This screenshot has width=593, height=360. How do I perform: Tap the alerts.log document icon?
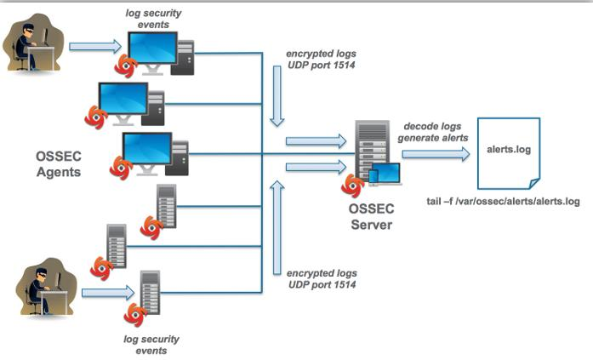tap(507, 152)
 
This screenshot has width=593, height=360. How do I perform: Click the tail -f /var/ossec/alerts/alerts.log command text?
tap(502, 202)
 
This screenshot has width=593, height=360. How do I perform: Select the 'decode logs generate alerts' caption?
tap(435, 134)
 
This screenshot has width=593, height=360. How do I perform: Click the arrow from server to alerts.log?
tap(435, 154)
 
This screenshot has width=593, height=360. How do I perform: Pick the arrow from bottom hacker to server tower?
tap(107, 293)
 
